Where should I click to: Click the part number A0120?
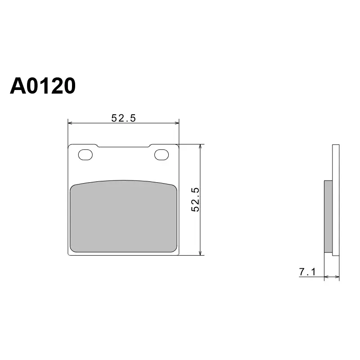point(43,86)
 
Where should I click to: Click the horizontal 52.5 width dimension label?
point(123,118)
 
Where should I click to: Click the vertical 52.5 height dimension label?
point(195,199)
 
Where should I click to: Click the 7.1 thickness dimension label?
point(307,272)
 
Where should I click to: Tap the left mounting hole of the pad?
point(85,155)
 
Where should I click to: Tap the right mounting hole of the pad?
point(162,155)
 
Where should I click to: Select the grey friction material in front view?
point(123,216)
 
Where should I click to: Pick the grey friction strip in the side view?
point(328,216)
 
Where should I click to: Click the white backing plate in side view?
point(336,200)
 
